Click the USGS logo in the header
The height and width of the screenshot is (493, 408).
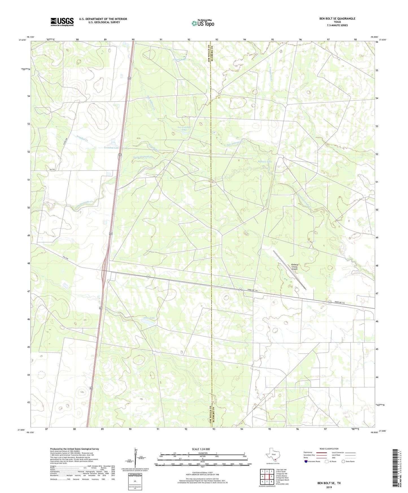click(62, 21)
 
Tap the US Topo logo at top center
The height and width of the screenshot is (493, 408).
click(203, 23)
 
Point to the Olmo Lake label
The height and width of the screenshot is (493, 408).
click(149, 318)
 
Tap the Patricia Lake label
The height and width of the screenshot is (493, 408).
click(265, 162)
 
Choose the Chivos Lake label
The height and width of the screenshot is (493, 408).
click(179, 60)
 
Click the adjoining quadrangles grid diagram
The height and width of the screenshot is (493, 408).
click(267, 477)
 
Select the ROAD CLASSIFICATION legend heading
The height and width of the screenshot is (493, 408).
click(329, 449)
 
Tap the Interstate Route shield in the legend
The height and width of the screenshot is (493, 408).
click(306, 461)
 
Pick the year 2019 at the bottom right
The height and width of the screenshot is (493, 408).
click(329, 487)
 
